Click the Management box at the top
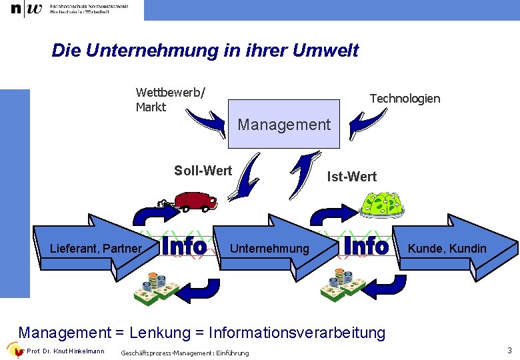(x=284, y=124)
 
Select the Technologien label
(x=405, y=99)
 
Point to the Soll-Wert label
(x=203, y=171)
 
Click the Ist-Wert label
(x=351, y=177)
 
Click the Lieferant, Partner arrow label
(x=96, y=249)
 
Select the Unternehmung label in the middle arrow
(x=269, y=249)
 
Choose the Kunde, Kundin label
(x=447, y=249)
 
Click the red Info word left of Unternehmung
(x=184, y=247)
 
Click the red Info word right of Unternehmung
(x=365, y=247)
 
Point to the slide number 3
(x=509, y=351)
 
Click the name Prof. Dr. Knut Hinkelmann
(x=65, y=351)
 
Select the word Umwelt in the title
(x=324, y=51)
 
